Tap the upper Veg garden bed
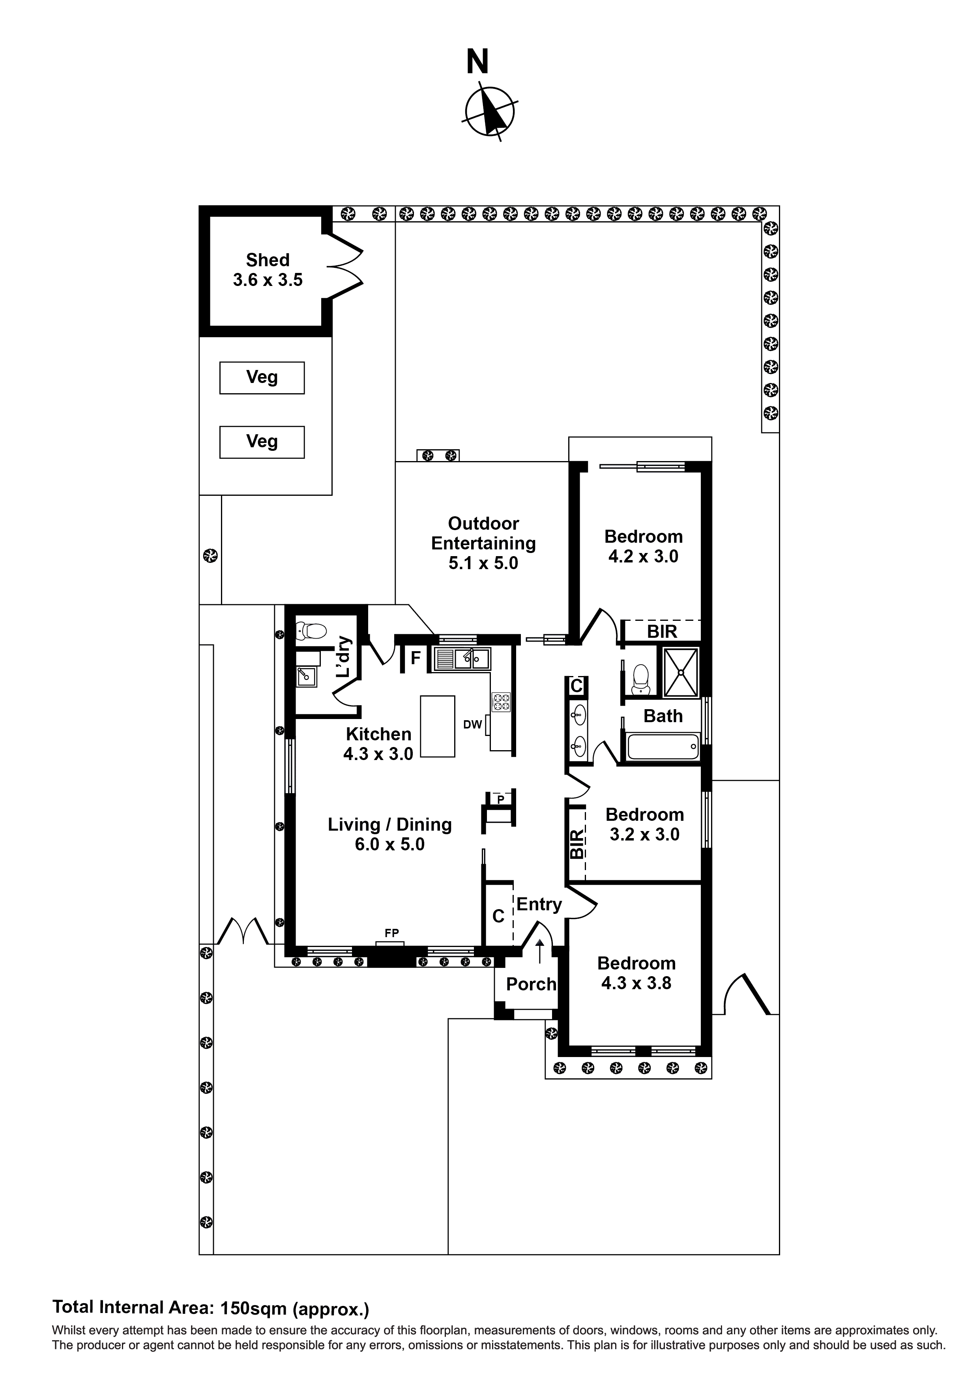pyautogui.click(x=262, y=378)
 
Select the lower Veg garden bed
pyautogui.click(x=262, y=442)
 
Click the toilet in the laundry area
pyautogui.click(x=311, y=631)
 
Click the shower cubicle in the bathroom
pyautogui.click(x=681, y=672)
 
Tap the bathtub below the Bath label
pyautogui.click(x=662, y=746)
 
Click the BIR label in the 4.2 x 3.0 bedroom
pyautogui.click(x=662, y=632)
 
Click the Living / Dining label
pyautogui.click(x=390, y=825)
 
